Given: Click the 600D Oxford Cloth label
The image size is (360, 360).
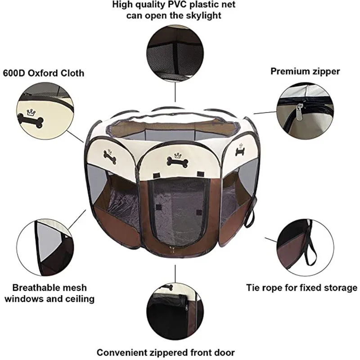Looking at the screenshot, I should point(44,73).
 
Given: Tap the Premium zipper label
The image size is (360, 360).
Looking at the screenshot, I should point(305,71).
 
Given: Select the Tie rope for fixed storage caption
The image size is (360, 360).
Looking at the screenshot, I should point(301,288).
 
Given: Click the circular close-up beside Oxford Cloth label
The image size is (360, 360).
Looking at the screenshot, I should point(45,112).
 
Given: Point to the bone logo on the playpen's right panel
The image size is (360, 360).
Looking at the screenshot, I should point(240,151).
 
